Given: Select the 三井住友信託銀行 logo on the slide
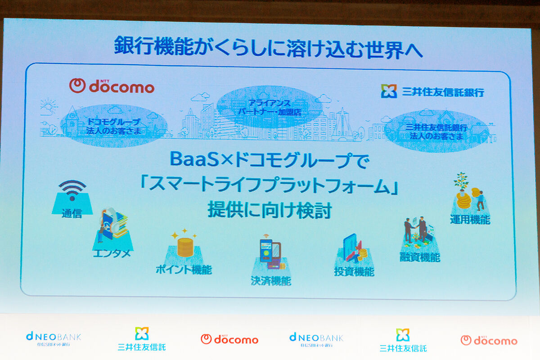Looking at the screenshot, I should click(432, 91).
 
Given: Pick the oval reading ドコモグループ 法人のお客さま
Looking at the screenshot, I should click(115, 126).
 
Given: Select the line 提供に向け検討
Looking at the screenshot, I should click(269, 210).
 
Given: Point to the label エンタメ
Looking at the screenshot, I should click(111, 253).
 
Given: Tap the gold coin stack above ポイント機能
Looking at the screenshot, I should click(184, 245).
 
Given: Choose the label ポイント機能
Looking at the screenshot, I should click(184, 270).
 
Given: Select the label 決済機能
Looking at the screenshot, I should click(270, 281).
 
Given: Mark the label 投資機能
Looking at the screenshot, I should click(354, 271).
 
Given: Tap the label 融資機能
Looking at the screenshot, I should click(419, 257).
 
